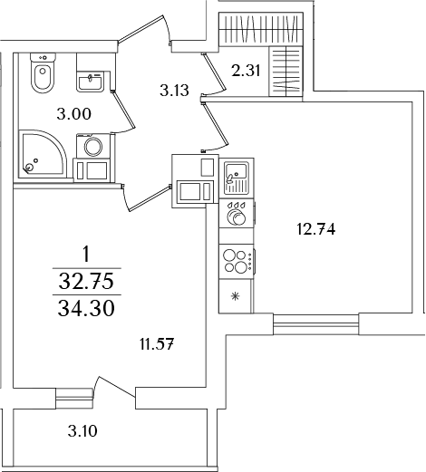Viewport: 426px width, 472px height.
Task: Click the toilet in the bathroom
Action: [x=43, y=72]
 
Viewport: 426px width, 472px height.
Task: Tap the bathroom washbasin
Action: [x=90, y=82]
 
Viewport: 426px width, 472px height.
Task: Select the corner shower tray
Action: [x=43, y=153]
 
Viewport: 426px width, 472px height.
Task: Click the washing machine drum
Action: [x=93, y=147]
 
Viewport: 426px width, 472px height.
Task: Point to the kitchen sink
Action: [x=236, y=178]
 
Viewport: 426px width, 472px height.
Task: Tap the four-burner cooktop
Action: [x=237, y=262]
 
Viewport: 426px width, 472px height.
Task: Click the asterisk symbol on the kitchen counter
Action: [x=235, y=296]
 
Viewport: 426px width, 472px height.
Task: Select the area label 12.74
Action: [x=316, y=230]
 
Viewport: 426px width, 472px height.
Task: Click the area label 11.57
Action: [x=158, y=344]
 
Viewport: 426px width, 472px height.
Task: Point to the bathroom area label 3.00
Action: [x=74, y=114]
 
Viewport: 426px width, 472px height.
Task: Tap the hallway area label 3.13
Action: [x=174, y=91]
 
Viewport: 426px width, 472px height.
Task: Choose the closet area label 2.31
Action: [x=246, y=71]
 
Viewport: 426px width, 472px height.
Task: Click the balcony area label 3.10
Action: [x=82, y=431]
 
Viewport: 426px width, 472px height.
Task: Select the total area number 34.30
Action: [x=86, y=309]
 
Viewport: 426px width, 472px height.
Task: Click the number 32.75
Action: [x=86, y=282]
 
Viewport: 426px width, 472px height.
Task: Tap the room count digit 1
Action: [x=86, y=255]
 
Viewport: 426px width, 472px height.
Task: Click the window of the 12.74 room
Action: [x=316, y=324]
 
